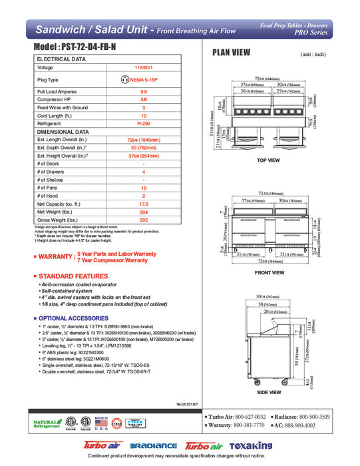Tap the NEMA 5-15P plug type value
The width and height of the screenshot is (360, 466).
[x=143, y=79]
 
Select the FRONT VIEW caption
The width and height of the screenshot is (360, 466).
[x=270, y=272]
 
